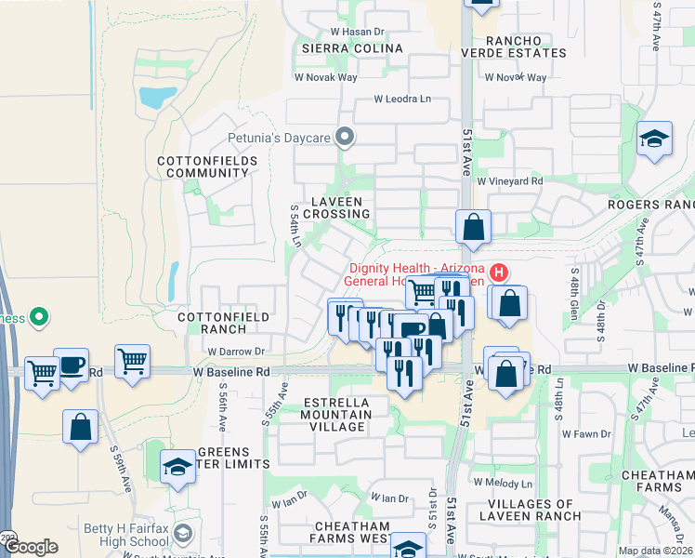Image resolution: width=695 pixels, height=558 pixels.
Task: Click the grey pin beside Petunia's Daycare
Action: [346, 139]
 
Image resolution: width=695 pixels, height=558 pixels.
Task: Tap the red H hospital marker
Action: [499, 272]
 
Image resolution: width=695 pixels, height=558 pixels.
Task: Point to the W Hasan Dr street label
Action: [345, 32]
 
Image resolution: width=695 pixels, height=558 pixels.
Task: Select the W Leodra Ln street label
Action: [403, 99]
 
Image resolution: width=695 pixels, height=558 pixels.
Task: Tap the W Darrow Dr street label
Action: [237, 352]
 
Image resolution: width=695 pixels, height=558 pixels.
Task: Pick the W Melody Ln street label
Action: [503, 483]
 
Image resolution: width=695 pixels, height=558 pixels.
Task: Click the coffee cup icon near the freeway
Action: [72, 364]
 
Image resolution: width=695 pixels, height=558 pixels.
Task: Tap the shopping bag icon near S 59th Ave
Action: [81, 427]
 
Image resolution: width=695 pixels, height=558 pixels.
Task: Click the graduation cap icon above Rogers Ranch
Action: [654, 139]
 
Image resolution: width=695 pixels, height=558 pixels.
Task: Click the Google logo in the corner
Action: [32, 548]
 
